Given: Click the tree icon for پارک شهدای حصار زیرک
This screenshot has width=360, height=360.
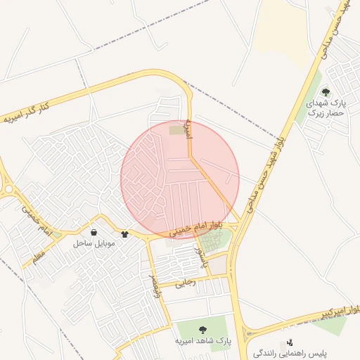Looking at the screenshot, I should pyautogui.click(x=325, y=92).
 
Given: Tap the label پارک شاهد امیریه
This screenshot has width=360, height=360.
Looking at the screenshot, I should pyautogui.click(x=203, y=341).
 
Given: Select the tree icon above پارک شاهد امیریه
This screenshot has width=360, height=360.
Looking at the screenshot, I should pyautogui.click(x=203, y=329).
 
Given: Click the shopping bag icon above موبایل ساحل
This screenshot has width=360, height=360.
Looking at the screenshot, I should pyautogui.click(x=94, y=232).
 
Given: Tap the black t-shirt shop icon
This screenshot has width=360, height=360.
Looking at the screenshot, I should pyautogui.click(x=125, y=234).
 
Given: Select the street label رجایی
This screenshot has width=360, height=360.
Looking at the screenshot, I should pyautogui.click(x=186, y=283).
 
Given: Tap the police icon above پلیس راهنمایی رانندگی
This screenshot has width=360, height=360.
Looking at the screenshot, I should pyautogui.click(x=290, y=342).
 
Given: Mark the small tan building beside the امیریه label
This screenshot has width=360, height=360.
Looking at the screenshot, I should pyautogui.click(x=175, y=129).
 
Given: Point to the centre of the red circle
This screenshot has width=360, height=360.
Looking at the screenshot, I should pyautogui.click(x=180, y=180).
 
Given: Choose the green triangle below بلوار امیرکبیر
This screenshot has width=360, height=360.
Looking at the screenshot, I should pyautogui.click(x=330, y=325).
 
